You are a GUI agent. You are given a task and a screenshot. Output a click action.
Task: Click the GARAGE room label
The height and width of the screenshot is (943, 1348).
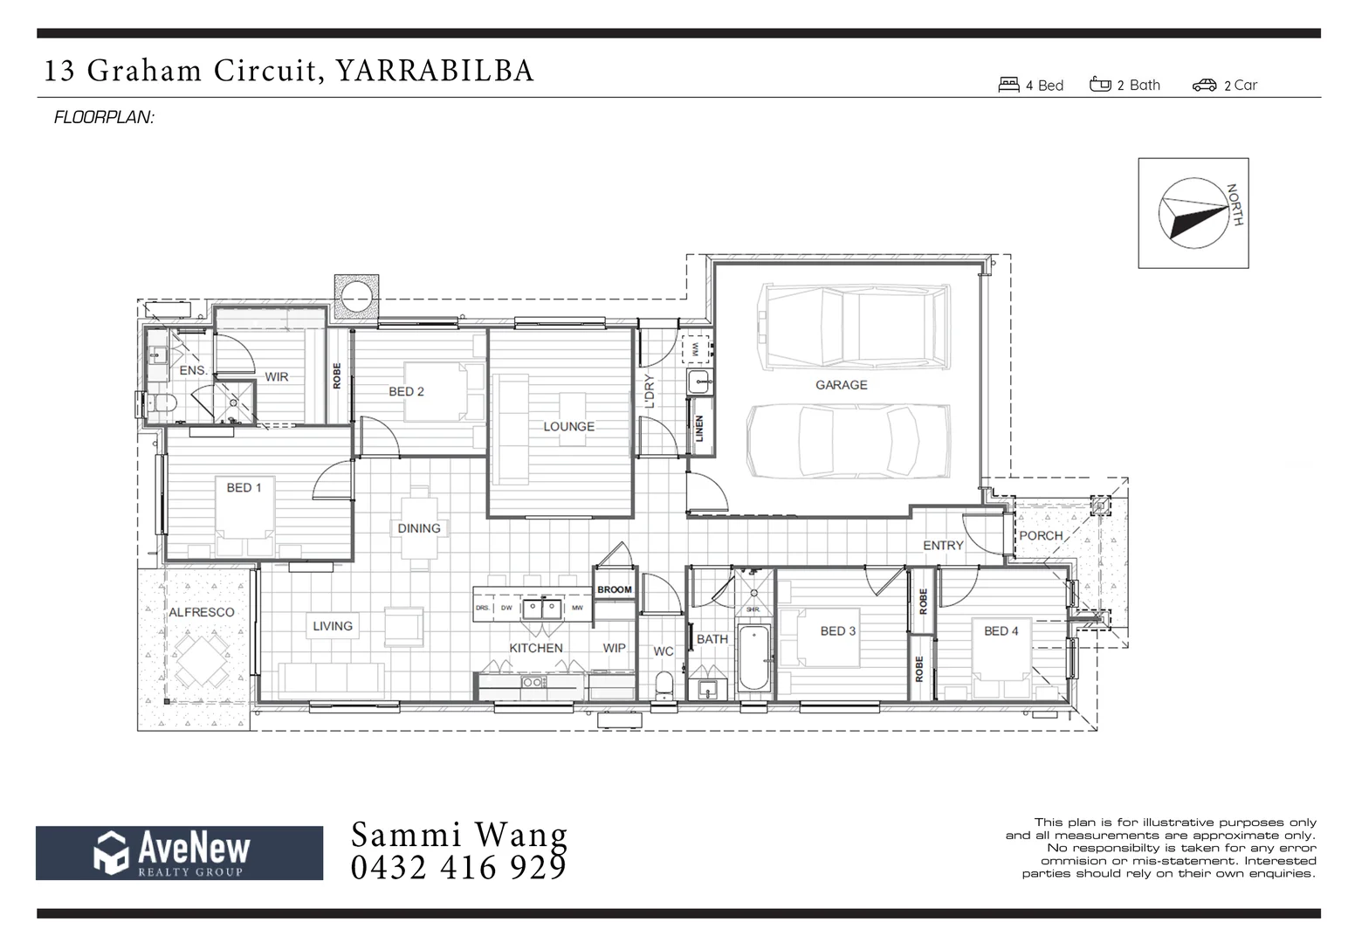point(841,384)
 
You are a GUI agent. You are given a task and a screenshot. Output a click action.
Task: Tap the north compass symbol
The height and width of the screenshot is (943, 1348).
point(1192,213)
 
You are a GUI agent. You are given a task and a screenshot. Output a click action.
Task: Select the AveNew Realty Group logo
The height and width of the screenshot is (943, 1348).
point(179,852)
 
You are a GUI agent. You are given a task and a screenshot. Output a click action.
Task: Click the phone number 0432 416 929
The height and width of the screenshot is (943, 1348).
point(458,868)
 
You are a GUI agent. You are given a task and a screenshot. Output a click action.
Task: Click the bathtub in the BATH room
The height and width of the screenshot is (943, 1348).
point(753,657)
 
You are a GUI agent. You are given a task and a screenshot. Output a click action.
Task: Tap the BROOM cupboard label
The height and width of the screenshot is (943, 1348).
point(615,589)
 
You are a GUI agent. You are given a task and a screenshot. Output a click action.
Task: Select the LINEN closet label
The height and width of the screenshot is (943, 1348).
point(699,428)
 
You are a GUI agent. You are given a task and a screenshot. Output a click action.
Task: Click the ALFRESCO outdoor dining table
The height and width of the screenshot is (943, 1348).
point(202,661)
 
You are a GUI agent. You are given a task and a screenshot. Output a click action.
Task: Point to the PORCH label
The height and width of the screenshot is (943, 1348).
point(1041,535)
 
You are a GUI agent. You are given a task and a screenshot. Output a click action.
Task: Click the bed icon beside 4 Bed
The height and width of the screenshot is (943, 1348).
point(1008,85)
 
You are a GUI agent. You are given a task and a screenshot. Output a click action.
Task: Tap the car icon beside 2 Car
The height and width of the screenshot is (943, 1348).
point(1204,85)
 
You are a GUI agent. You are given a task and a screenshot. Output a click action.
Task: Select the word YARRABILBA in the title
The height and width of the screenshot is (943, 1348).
point(434,70)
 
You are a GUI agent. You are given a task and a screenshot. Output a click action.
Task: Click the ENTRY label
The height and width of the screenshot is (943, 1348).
point(943,545)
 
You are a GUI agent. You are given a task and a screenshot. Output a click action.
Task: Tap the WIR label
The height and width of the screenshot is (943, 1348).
point(277,377)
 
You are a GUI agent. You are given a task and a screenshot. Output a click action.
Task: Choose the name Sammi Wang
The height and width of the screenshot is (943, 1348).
point(458,835)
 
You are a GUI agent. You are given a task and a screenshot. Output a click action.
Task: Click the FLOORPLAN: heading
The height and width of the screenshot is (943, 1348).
point(104,117)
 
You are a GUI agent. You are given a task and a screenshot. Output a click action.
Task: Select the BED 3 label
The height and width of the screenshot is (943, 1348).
point(837,630)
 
